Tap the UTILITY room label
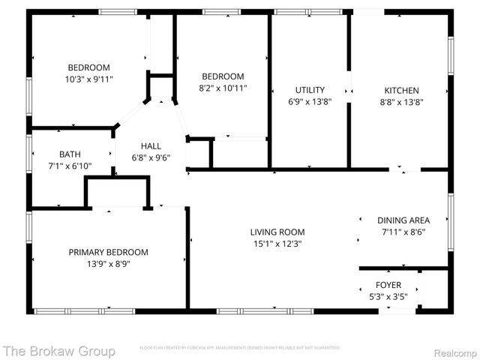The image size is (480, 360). [x=309, y=90]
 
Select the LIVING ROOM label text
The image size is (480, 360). [x=277, y=232]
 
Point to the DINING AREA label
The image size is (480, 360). [x=403, y=220]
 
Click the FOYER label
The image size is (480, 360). [x=388, y=285]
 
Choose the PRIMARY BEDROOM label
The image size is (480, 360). [x=109, y=252]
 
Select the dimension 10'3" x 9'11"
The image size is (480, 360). [x=89, y=78]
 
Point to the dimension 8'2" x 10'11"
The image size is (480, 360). [x=223, y=88]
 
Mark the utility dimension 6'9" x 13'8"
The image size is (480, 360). [x=309, y=102]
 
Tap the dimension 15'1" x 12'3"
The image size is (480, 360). [x=277, y=243]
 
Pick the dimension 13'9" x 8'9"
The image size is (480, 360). [x=109, y=263]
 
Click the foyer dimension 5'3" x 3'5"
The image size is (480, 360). [x=388, y=296]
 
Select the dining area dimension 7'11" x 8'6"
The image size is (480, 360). [x=403, y=232]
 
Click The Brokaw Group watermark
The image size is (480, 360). [x=59, y=350]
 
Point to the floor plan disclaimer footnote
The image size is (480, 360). [x=239, y=348]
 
